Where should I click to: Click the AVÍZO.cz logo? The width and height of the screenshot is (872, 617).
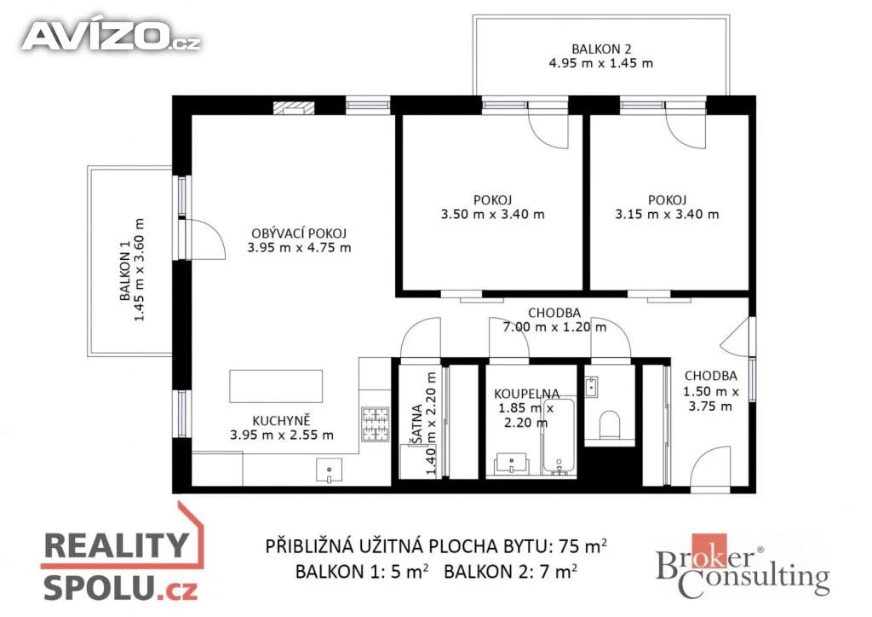pyautogui.click(x=112, y=37)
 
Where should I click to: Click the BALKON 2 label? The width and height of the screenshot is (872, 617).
pyautogui.click(x=601, y=49)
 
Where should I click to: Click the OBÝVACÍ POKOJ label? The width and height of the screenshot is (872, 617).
pyautogui.click(x=299, y=234)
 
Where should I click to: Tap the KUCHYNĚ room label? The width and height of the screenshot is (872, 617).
pyautogui.click(x=281, y=421)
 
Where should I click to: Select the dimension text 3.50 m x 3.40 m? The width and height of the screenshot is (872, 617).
pyautogui.click(x=493, y=214)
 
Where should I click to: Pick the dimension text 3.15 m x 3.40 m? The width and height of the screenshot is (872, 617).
pyautogui.click(x=667, y=214)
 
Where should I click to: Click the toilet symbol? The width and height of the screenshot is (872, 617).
pyautogui.click(x=610, y=425)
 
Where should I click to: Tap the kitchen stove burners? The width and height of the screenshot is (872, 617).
pyautogui.click(x=376, y=425)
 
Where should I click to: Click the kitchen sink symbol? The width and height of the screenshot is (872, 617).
pyautogui.click(x=330, y=470)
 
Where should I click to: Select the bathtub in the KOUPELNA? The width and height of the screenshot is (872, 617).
pyautogui.click(x=559, y=437)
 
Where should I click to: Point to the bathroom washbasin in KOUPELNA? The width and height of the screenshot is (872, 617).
pyautogui.click(x=511, y=464)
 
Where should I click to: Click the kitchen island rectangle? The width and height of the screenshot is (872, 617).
pyautogui.click(x=276, y=386)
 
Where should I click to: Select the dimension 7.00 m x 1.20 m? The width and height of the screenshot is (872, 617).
pyautogui.click(x=554, y=327)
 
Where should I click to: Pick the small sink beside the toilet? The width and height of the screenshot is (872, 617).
pyautogui.click(x=592, y=386)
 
